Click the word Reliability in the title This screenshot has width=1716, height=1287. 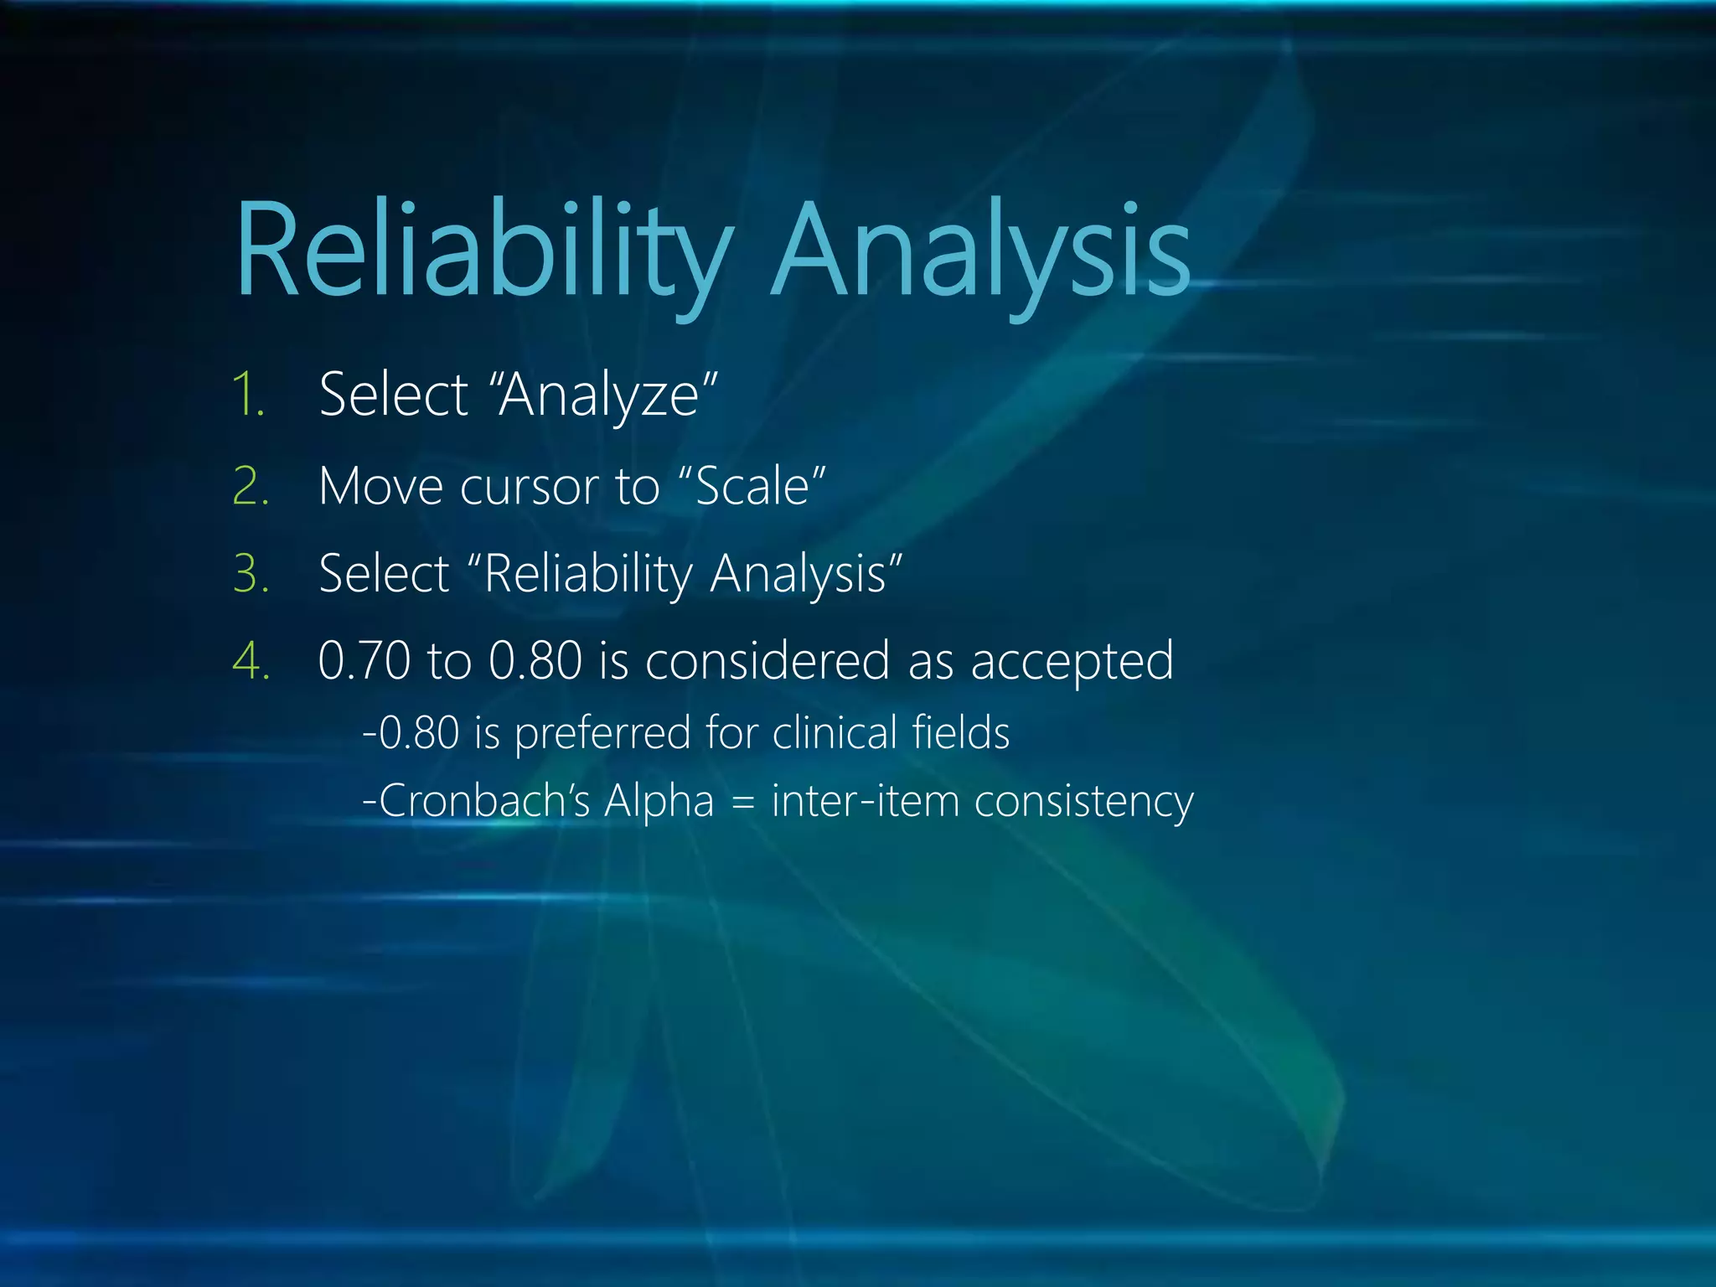point(482,251)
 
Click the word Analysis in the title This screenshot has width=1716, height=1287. point(980,251)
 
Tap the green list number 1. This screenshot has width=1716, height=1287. point(248,395)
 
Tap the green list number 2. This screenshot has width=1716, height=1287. point(251,486)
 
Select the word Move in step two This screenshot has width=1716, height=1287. point(381,486)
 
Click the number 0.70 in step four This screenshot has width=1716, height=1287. point(364,661)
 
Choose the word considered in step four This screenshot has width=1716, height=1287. point(767,661)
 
